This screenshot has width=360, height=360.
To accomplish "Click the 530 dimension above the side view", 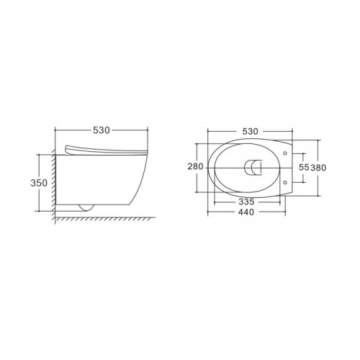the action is tap(102, 130).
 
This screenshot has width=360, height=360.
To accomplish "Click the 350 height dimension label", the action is tap(39, 183).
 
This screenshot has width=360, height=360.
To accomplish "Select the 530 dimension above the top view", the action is tap(250, 131).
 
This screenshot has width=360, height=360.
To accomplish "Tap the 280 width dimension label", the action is tap(195, 166).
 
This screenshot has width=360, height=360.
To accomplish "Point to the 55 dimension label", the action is tap(304, 167).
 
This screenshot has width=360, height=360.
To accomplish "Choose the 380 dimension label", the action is tap(318, 168).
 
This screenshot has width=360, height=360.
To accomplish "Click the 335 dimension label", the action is tap(246, 202).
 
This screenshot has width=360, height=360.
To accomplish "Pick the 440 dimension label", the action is tap(246, 212).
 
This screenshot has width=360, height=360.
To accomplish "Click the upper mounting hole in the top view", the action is tap(285, 153).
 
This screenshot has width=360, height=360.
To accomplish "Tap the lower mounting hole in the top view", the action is tap(285, 183).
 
